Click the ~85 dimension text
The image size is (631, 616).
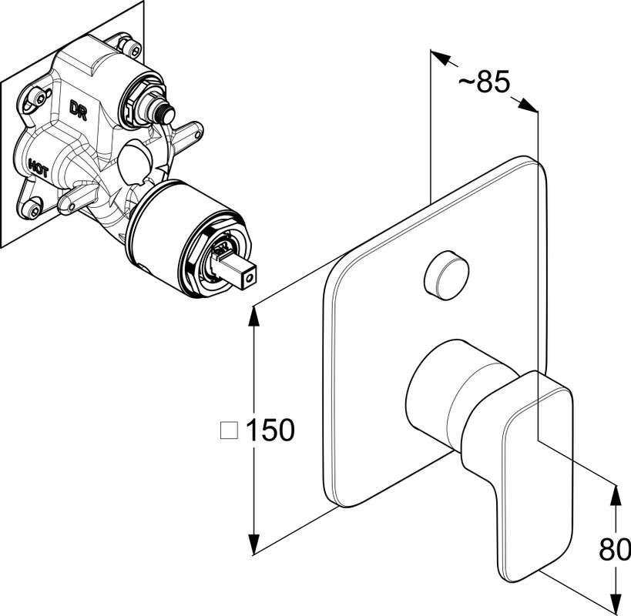tap(482, 81)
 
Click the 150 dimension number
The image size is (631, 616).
tap(270, 430)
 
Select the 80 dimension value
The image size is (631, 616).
tap(615, 550)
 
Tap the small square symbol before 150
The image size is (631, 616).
tap(229, 430)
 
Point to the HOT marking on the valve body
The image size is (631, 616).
tap(38, 166)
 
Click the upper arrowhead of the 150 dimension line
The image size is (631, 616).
tap(254, 315)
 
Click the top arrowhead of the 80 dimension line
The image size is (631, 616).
tap(615, 493)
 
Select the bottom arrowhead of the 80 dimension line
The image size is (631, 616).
tap(615, 607)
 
